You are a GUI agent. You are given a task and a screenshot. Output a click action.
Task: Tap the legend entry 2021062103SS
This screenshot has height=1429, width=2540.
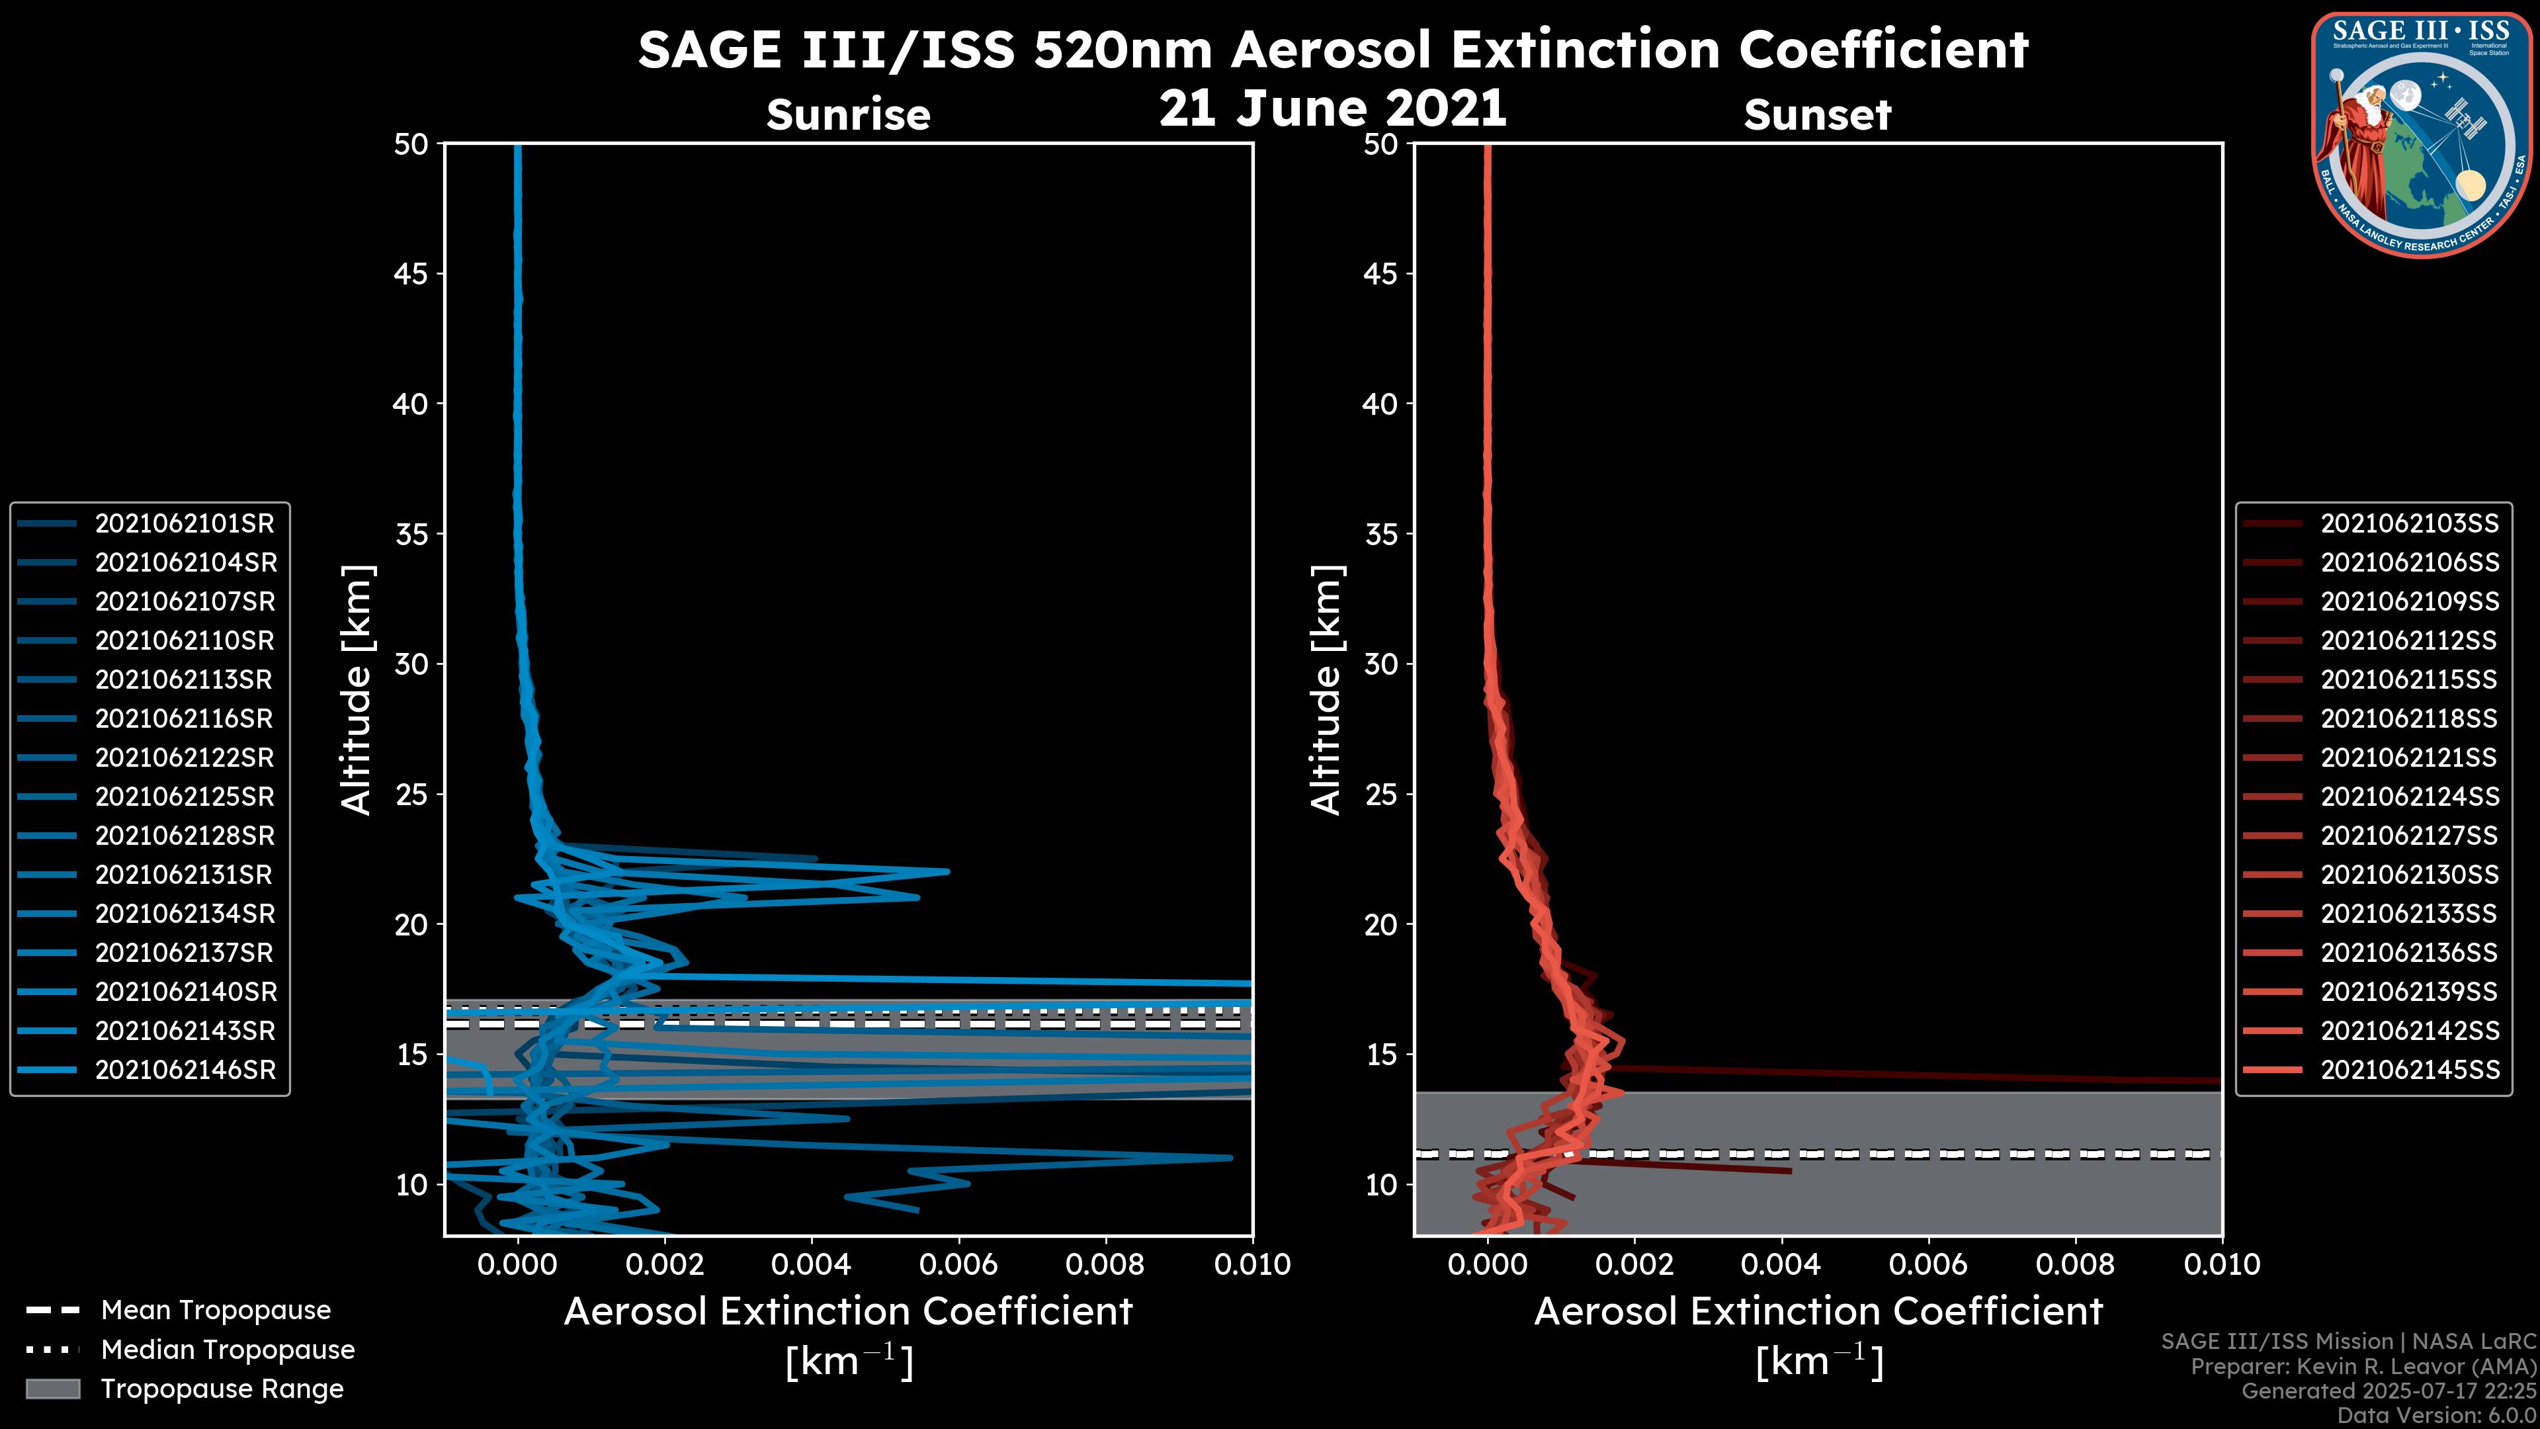(x=2409, y=524)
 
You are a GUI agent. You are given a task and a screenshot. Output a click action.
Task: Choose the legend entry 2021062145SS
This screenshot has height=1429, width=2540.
(x=2409, y=1070)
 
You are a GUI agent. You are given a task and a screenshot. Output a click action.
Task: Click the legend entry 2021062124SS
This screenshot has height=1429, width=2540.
(x=2409, y=796)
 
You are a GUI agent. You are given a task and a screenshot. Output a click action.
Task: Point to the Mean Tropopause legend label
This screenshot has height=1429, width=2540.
(x=216, y=1310)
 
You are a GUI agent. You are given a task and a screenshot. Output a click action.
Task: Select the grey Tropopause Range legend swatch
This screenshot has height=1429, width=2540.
(x=52, y=1389)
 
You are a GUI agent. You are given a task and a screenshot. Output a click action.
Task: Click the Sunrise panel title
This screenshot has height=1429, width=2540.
(x=848, y=115)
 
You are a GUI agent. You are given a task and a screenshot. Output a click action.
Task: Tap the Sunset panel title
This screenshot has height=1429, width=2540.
(x=1817, y=115)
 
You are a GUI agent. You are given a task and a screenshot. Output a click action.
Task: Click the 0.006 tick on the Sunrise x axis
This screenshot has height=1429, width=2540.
(x=957, y=1264)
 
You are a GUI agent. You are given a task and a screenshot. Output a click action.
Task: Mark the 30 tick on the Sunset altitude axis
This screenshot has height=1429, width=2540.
(x=1380, y=665)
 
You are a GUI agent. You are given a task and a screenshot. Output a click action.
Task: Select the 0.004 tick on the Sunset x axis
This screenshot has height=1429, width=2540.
(x=1781, y=1264)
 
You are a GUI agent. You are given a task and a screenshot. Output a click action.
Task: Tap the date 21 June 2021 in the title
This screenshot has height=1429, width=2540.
(x=1332, y=108)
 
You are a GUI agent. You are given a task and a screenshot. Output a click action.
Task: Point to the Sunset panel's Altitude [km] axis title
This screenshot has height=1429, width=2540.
(x=1326, y=690)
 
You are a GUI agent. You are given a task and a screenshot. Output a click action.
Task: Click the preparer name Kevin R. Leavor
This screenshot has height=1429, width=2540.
(x=2396, y=1367)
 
